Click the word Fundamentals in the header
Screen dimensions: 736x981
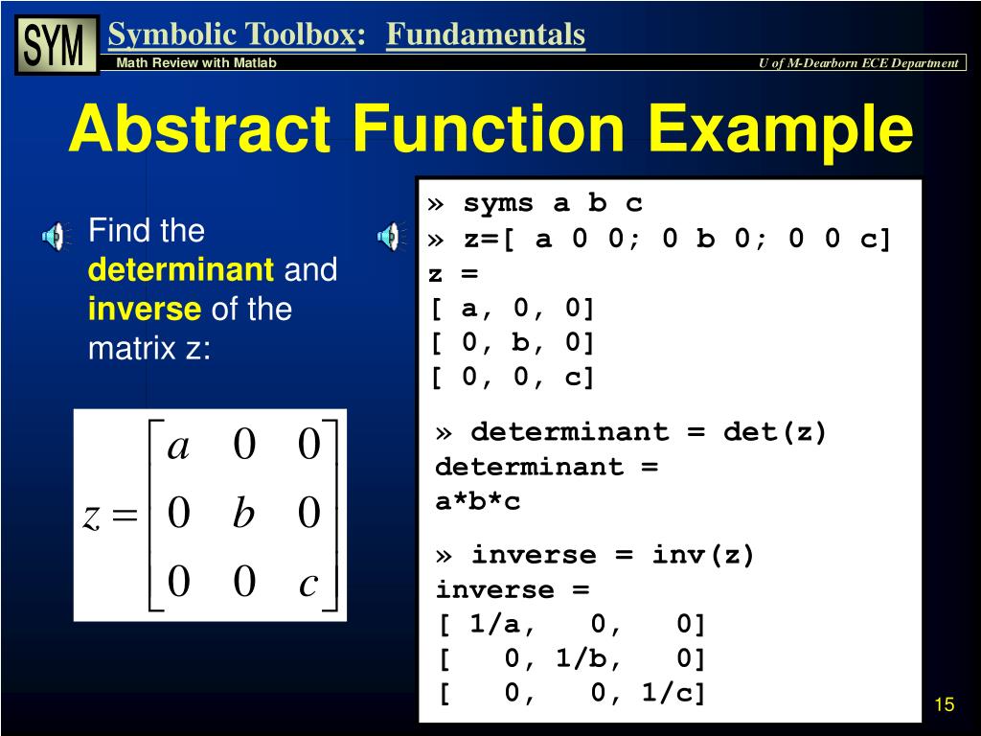(486, 35)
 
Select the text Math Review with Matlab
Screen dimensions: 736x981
(196, 63)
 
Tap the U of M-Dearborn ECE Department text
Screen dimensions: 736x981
(857, 63)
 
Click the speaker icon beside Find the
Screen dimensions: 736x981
(55, 235)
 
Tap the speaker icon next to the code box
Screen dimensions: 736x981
(390, 235)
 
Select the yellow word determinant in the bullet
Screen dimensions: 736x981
(181, 270)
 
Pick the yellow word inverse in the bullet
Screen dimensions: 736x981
(145, 310)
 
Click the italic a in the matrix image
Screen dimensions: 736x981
(177, 447)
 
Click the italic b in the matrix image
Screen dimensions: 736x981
(243, 515)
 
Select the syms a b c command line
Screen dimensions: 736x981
(552, 203)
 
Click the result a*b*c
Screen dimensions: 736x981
(478, 501)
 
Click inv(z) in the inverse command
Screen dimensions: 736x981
(703, 555)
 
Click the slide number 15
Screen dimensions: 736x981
(944, 705)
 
